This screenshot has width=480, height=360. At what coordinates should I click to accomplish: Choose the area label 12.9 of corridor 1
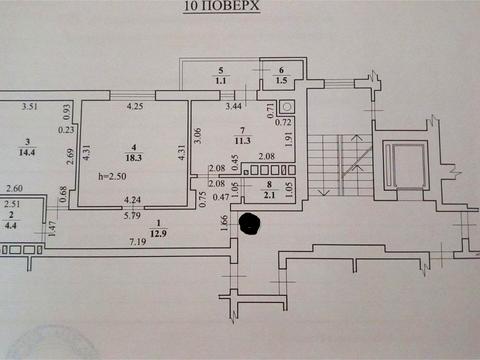(158, 232)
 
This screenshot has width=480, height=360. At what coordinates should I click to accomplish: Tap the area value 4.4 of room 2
(11, 224)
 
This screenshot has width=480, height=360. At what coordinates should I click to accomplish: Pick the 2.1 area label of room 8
(267, 195)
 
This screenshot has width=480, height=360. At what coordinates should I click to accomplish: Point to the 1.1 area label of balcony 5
(221, 78)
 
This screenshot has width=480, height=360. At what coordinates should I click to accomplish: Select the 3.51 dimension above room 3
(30, 106)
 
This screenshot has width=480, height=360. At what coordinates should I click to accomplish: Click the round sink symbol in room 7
(287, 105)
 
